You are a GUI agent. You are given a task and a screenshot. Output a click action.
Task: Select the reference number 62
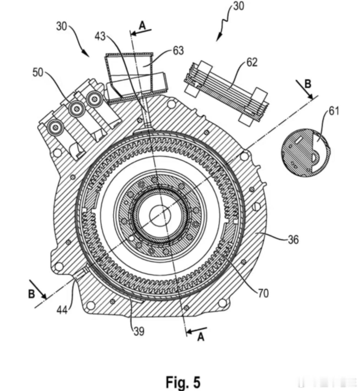click(x=252, y=62)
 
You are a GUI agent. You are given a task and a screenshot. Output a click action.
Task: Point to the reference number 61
click(x=334, y=111)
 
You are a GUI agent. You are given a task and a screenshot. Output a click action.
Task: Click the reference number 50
click(x=38, y=73)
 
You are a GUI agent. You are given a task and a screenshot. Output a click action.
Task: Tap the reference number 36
click(x=293, y=240)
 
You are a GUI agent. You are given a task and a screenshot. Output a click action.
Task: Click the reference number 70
click(x=263, y=294)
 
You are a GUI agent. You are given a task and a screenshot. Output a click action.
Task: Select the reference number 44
click(x=62, y=310)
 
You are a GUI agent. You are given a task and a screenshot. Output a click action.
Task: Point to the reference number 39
click(x=139, y=331)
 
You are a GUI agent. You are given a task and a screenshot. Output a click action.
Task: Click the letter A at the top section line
click(x=143, y=26)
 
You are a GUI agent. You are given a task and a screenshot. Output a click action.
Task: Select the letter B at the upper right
click(x=308, y=84)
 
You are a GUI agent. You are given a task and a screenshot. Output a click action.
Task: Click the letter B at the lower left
click(x=32, y=294)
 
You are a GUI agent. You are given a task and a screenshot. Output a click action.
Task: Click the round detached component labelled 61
click(x=306, y=153)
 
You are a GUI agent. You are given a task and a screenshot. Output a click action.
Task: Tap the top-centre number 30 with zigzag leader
click(x=238, y=6)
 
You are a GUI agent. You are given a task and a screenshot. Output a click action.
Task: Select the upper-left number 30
click(x=61, y=26)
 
